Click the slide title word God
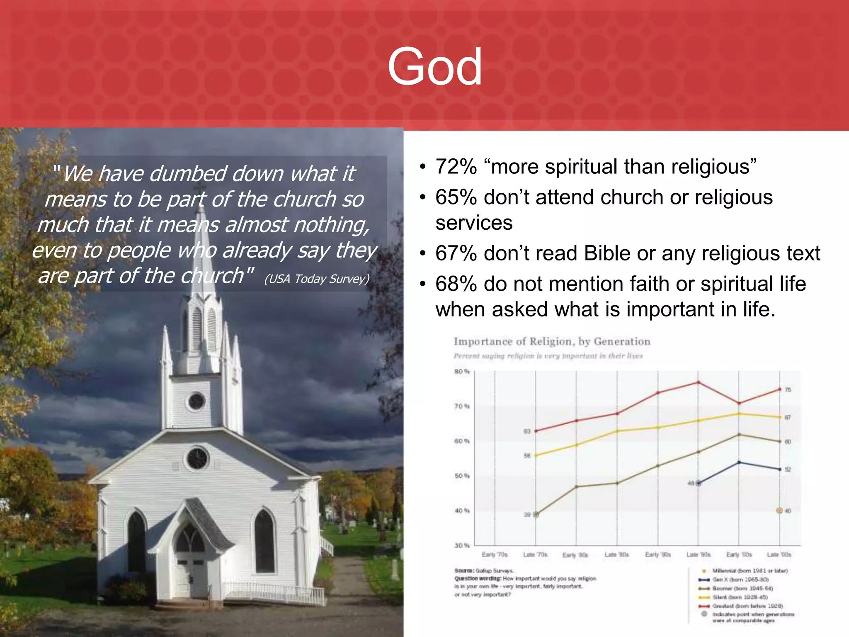point(434,67)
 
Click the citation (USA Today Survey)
point(317,279)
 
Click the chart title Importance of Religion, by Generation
point(552,341)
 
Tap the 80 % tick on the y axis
point(461,372)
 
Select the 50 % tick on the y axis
point(461,476)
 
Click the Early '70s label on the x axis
point(495,554)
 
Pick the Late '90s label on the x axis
point(698,554)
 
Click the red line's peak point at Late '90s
point(698,382)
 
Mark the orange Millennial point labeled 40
point(779,511)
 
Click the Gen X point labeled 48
point(698,483)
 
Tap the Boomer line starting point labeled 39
point(536,514)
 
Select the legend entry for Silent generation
point(740,597)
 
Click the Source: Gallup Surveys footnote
point(484,571)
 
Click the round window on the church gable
point(197,458)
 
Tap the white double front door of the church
point(192,576)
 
